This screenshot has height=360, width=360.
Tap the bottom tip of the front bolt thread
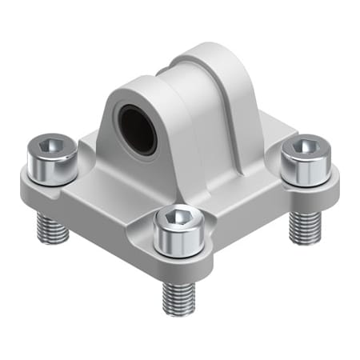pos(179,312)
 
